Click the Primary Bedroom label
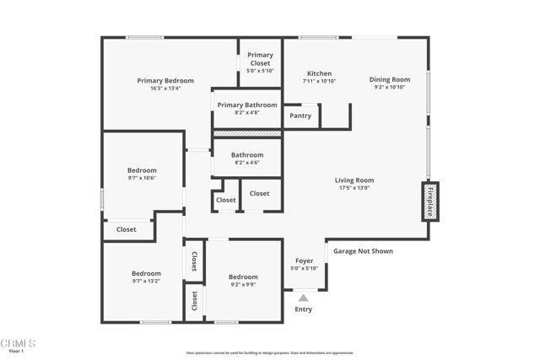(165, 81)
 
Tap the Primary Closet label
(260, 59)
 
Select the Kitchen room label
(319, 73)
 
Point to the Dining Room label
(390, 79)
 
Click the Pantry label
(300, 116)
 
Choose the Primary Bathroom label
(246, 105)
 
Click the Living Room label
(354, 180)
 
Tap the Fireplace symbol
(429, 201)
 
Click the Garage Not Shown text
(363, 251)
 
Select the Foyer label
(304, 261)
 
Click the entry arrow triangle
(303, 297)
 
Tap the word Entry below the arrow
(303, 309)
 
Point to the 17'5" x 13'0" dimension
(354, 188)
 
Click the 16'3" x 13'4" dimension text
(165, 89)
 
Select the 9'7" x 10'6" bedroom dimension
(142, 178)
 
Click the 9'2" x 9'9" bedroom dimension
(243, 285)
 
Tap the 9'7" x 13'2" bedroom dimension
(146, 282)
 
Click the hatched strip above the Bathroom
(246, 133)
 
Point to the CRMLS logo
(18, 345)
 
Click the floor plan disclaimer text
(269, 353)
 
